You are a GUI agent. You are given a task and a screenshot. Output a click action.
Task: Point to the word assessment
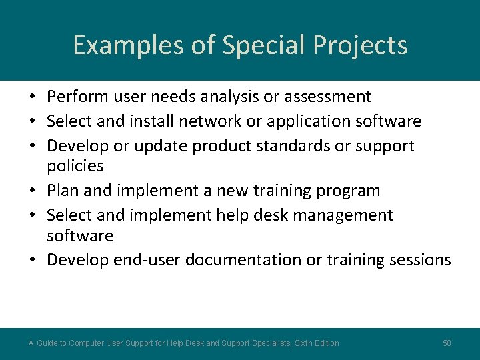[x=327, y=97]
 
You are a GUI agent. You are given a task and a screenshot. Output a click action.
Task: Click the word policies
[x=75, y=165]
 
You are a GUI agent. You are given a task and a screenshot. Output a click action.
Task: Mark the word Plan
[x=63, y=191]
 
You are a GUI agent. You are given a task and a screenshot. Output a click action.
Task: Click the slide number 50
[x=447, y=343]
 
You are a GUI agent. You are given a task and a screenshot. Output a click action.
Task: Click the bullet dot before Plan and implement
[x=33, y=191]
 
